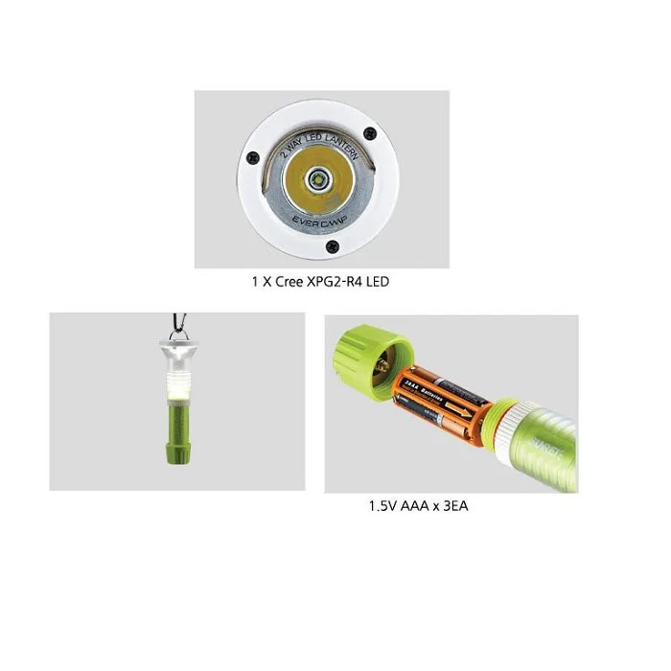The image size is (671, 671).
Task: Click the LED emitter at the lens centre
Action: point(318,178)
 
